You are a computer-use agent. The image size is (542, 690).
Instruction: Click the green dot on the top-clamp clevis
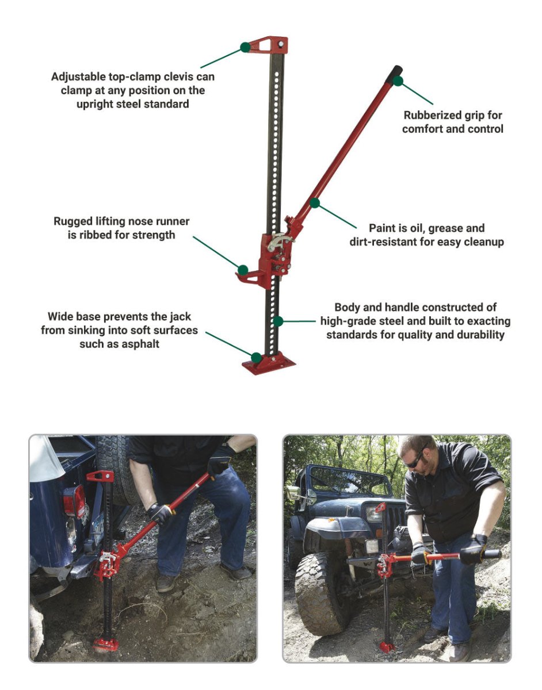click(245, 48)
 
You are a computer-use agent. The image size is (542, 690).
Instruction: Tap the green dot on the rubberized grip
click(398, 81)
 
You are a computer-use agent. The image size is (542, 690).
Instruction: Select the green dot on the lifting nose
click(243, 270)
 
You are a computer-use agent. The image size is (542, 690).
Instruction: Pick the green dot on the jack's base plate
click(257, 358)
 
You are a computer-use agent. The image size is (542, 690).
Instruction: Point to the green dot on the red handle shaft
click(315, 203)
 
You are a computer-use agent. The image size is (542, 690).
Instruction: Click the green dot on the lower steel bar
click(278, 321)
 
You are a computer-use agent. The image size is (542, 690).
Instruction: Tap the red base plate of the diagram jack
click(269, 364)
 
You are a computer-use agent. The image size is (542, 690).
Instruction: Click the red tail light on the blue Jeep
click(74, 502)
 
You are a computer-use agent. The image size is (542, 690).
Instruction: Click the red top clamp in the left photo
click(100, 476)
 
